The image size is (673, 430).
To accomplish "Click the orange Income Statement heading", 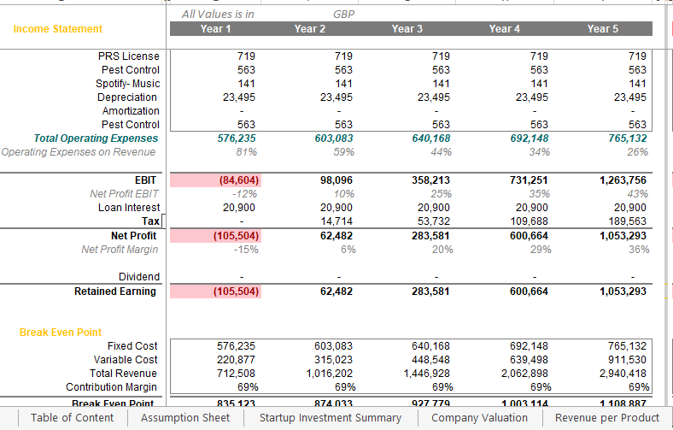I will tap(57, 29).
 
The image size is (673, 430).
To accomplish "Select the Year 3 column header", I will tap(407, 29).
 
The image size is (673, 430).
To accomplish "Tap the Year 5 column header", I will tap(602, 29).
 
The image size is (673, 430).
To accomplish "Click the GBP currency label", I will tap(343, 15).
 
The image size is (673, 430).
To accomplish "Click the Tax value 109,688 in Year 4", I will tap(530, 221).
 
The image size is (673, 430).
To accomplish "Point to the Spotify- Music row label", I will tap(127, 84).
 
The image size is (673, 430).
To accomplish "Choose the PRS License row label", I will tap(128, 56).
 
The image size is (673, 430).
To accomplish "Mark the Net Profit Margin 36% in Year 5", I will tap(638, 250).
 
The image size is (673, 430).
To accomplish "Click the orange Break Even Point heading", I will tap(60, 333).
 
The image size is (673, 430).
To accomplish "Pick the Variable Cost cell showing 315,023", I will tap(333, 360).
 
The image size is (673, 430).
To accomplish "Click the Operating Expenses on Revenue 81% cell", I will tap(246, 152).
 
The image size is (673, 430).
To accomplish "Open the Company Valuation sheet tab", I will tap(479, 418).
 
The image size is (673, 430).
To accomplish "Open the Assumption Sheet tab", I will tap(185, 418).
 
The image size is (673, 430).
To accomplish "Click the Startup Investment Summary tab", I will tap(330, 418).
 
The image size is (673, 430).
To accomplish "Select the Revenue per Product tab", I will tap(607, 418).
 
